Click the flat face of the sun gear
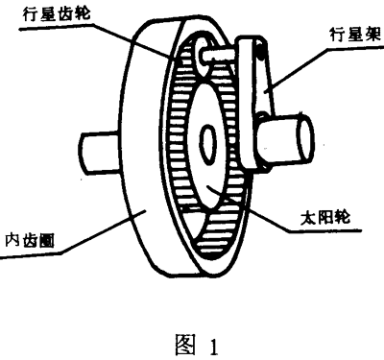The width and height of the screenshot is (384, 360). (x=226, y=163)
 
